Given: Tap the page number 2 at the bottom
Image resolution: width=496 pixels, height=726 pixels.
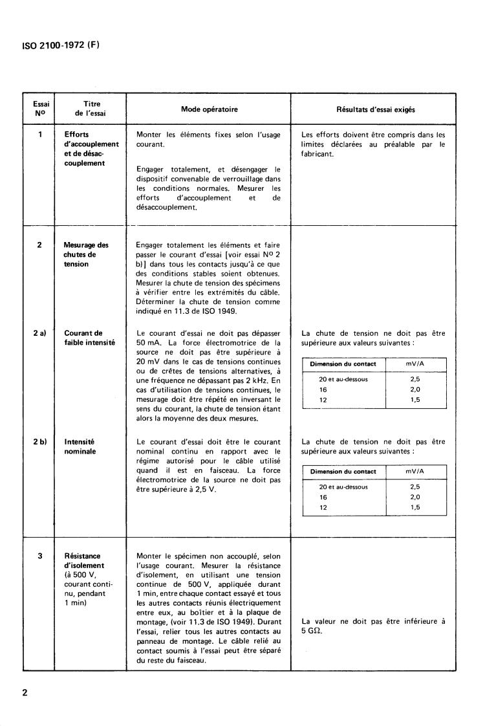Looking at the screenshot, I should [25, 694].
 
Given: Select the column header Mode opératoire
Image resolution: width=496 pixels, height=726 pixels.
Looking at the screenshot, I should [209, 109].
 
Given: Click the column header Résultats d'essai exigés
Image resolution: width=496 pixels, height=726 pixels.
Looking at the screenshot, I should [376, 110].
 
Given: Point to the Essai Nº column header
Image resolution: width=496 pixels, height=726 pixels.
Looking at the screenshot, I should [40, 109].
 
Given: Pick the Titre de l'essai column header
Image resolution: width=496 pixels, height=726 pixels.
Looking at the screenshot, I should [91, 109].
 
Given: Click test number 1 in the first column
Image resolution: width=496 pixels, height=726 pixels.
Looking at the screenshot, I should [40, 135].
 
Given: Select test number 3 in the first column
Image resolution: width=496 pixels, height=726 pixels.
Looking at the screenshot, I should [40, 556].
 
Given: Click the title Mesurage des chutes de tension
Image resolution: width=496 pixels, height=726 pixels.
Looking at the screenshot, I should [85, 254].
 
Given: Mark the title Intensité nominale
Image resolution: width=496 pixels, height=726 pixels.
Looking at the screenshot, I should [80, 446].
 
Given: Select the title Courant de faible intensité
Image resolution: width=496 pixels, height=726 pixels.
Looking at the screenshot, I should [89, 338].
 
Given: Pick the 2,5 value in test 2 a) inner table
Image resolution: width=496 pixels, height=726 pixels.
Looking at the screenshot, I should [415, 379].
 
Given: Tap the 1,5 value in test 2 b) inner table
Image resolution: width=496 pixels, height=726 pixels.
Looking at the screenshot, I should [415, 508].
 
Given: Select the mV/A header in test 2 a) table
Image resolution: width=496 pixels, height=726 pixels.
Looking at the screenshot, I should [416, 364].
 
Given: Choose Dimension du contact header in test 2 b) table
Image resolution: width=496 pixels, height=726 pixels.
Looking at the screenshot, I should [343, 471].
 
